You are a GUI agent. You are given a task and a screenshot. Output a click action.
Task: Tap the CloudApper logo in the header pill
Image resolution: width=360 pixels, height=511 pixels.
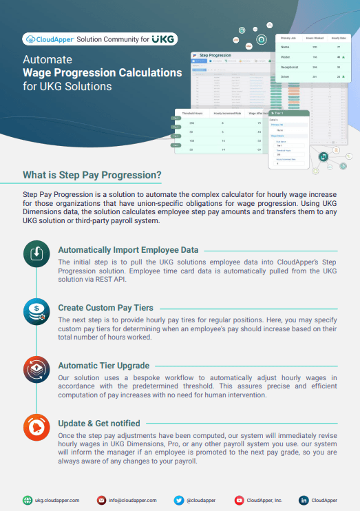point(49,39)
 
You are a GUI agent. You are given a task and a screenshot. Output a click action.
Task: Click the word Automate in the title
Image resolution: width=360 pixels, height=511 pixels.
point(43,60)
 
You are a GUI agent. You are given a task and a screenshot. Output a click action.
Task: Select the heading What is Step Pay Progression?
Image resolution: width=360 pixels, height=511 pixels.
point(92,175)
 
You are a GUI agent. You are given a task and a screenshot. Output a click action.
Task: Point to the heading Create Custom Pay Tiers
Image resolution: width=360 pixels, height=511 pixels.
point(105,306)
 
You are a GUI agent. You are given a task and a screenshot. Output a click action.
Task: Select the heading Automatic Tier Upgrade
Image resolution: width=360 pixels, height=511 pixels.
point(103,365)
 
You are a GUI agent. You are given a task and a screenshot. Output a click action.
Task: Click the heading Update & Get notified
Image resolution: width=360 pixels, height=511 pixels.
point(99,422)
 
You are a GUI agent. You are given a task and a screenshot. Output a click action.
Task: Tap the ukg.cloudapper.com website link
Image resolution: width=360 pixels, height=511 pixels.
point(57,500)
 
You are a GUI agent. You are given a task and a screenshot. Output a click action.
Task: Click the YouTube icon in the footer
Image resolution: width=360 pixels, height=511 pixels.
point(240,500)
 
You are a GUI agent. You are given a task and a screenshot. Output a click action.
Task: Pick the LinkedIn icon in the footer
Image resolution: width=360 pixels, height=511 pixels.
point(303,500)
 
